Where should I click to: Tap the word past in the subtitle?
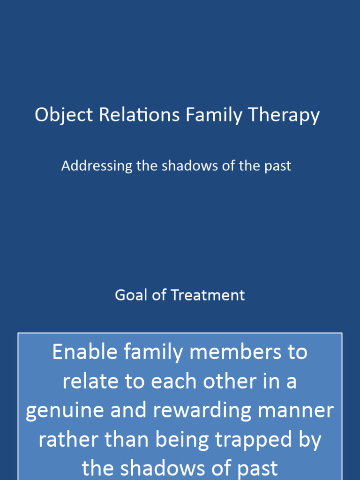[277, 166]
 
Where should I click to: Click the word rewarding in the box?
[199, 411]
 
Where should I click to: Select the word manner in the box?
[297, 411]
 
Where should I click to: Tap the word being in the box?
[175, 440]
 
